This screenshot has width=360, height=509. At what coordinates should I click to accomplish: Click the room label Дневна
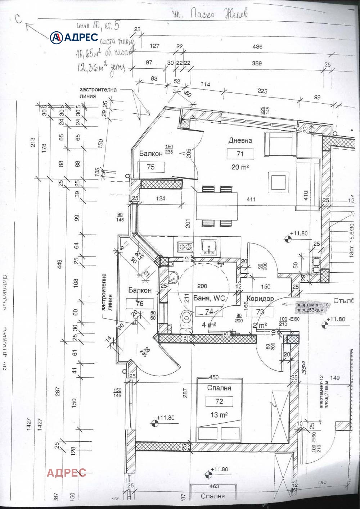[x=240, y=140]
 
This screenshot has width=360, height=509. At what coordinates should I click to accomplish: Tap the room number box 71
[x=240, y=154]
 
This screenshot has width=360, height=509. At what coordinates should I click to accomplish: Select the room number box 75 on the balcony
[x=151, y=167]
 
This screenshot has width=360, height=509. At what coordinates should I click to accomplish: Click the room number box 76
[x=140, y=304]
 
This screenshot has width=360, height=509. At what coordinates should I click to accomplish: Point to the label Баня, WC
[x=209, y=298]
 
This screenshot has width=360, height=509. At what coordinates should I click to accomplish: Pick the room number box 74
[x=209, y=312]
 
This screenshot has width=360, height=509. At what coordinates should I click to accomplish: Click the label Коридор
[x=260, y=299]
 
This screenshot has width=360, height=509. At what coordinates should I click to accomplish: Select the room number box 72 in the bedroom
[x=219, y=401]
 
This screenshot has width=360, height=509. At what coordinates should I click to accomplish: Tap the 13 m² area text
[x=219, y=415]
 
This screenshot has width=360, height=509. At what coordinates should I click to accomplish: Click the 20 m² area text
[x=240, y=167]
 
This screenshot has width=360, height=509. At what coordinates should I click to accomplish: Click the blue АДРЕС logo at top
[x=74, y=37]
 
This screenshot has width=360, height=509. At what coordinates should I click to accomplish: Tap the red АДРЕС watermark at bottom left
[x=66, y=472]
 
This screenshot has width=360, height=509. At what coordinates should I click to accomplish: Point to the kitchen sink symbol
[x=209, y=247]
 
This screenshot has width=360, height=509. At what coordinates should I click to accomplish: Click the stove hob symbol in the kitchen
[x=185, y=247]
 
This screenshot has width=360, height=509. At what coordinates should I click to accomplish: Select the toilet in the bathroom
[x=186, y=319]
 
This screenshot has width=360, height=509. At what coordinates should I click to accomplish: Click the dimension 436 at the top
[x=257, y=46]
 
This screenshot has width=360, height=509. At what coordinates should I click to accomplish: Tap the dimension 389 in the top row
[x=257, y=63]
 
